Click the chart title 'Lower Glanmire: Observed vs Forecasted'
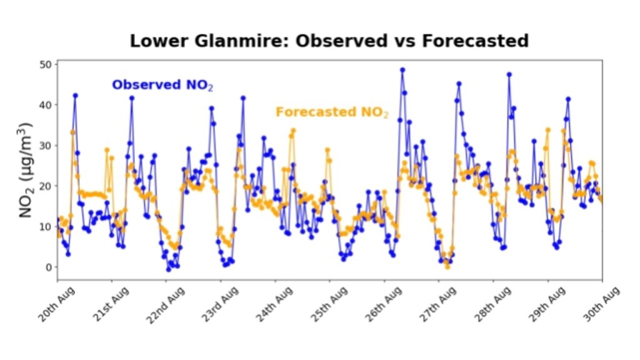tap(329, 41)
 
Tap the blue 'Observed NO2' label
tap(162, 85)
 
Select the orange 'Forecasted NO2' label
tap(332, 112)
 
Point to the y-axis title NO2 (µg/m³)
tap(26, 170)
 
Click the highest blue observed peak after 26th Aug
tap(402, 70)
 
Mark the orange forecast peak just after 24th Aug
tap(293, 130)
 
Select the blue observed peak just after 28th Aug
tap(509, 74)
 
